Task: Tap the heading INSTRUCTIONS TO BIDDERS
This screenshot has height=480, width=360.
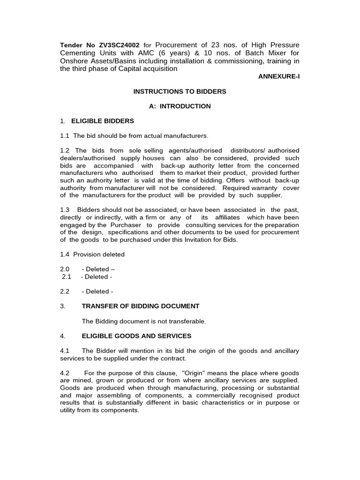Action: point(180,91)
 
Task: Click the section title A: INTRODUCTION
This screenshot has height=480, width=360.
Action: point(180,106)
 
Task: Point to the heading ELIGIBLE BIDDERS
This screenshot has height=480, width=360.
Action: point(102,121)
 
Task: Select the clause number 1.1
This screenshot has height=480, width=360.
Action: point(65,135)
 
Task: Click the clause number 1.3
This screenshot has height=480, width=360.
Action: point(65,210)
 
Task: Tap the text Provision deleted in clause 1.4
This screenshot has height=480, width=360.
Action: point(99,254)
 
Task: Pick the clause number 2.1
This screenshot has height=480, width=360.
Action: point(67,277)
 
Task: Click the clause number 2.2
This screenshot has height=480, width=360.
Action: point(65,291)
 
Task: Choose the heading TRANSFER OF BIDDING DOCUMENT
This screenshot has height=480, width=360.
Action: point(141,306)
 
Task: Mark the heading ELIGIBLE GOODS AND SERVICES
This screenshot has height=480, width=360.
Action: point(136,336)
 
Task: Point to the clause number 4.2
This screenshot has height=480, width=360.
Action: point(65,373)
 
